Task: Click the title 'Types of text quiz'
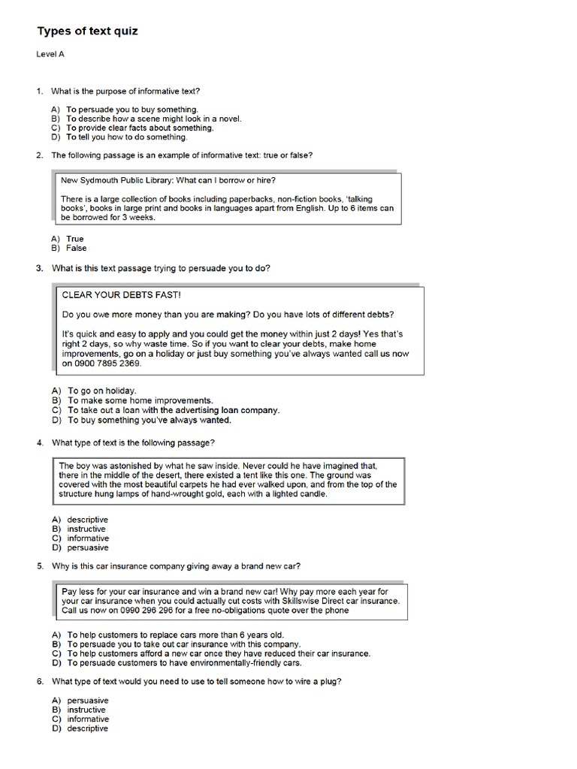coord(87,32)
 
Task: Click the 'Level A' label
coord(50,55)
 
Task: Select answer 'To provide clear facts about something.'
coord(140,128)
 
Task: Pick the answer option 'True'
coord(75,239)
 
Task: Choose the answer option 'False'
coord(77,248)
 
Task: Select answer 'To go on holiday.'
coord(101,391)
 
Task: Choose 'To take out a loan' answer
coord(173,410)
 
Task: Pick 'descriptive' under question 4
coord(87,520)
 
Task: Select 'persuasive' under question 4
coord(87,547)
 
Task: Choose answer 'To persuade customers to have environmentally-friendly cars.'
coord(184,663)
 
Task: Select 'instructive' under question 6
coord(86,710)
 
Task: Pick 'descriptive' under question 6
coord(87,728)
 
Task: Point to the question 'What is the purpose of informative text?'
coord(125,91)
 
